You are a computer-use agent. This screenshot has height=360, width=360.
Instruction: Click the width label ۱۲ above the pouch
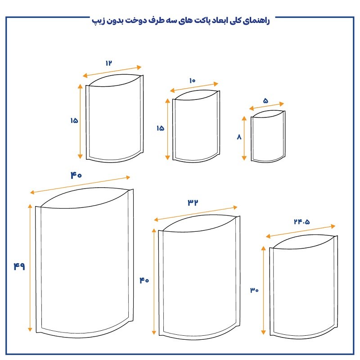pyautogui.click(x=108, y=63)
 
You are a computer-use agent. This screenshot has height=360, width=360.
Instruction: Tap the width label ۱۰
pyautogui.click(x=193, y=81)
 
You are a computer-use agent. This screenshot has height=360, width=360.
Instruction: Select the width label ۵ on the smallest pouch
pyautogui.click(x=265, y=100)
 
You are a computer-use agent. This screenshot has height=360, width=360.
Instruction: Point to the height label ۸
pyautogui.click(x=239, y=137)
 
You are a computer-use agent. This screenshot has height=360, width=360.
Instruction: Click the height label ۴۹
pyautogui.click(x=19, y=266)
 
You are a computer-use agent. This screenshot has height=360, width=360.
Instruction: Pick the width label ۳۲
pyautogui.click(x=193, y=202)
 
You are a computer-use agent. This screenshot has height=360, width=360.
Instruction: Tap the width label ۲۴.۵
pyautogui.click(x=302, y=221)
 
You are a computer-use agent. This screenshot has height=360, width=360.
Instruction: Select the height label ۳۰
pyautogui.click(x=254, y=290)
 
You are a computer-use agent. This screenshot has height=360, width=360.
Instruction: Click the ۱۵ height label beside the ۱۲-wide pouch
pyautogui.click(x=74, y=121)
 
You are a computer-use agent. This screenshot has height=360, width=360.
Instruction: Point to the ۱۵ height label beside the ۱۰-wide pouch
pyautogui.click(x=161, y=128)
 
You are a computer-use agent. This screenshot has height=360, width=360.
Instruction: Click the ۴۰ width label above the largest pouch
pyautogui.click(x=76, y=175)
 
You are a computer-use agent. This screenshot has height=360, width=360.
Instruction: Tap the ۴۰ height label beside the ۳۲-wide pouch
pyautogui.click(x=144, y=280)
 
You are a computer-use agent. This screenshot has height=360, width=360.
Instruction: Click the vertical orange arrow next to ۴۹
pyautogui.click(x=30, y=267)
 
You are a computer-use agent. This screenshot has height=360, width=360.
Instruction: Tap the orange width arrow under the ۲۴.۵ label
pyautogui.click(x=301, y=231)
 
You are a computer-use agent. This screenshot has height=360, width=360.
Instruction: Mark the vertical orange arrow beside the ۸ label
pyautogui.click(x=244, y=138)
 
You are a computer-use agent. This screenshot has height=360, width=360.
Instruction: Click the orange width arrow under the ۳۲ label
pyautogui.click(x=196, y=213)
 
